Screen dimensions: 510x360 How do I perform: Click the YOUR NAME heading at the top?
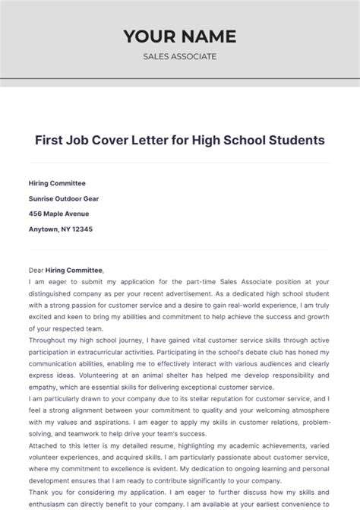tap(180, 36)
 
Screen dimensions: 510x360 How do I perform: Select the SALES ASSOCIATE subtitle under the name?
tap(180, 56)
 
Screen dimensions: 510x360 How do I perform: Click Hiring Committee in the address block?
tap(57, 183)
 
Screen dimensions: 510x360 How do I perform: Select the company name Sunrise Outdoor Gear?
tap(64, 198)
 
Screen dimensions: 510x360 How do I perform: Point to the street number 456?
tap(36, 214)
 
